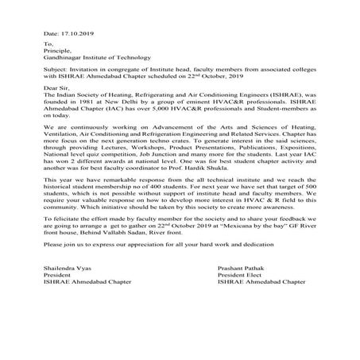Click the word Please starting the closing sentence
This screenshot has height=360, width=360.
click(56, 271)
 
